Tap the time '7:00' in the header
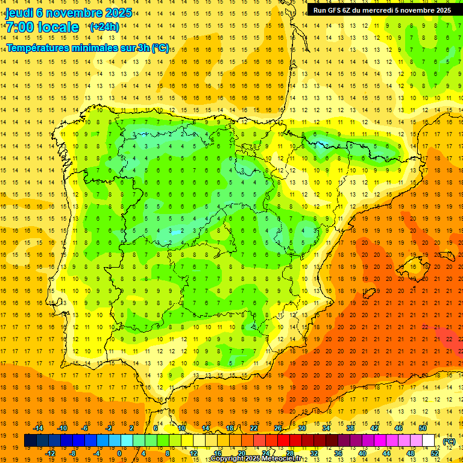click(x=20, y=28)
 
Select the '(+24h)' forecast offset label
click(x=104, y=27)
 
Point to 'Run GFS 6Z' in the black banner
click(x=335, y=10)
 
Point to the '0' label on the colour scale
click(x=119, y=453)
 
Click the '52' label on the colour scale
click(x=435, y=453)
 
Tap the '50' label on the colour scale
click(x=423, y=428)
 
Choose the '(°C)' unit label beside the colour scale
click(x=449, y=441)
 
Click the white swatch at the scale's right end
click(x=429, y=441)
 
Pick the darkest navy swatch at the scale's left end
click(x=30, y=441)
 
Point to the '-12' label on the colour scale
click(x=50, y=453)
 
